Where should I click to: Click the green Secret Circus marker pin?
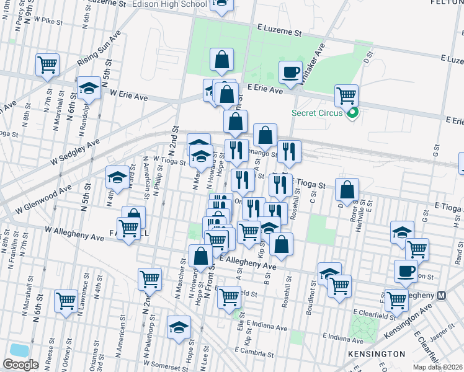point(354,114)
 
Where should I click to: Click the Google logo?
point(20,364)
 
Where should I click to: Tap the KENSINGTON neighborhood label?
point(380,353)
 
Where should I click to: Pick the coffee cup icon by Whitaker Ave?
point(290,72)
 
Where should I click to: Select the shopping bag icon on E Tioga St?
point(349,188)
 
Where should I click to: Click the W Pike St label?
point(50,20)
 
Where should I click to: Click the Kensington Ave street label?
point(409,319)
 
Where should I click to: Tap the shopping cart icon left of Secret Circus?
point(346,95)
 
